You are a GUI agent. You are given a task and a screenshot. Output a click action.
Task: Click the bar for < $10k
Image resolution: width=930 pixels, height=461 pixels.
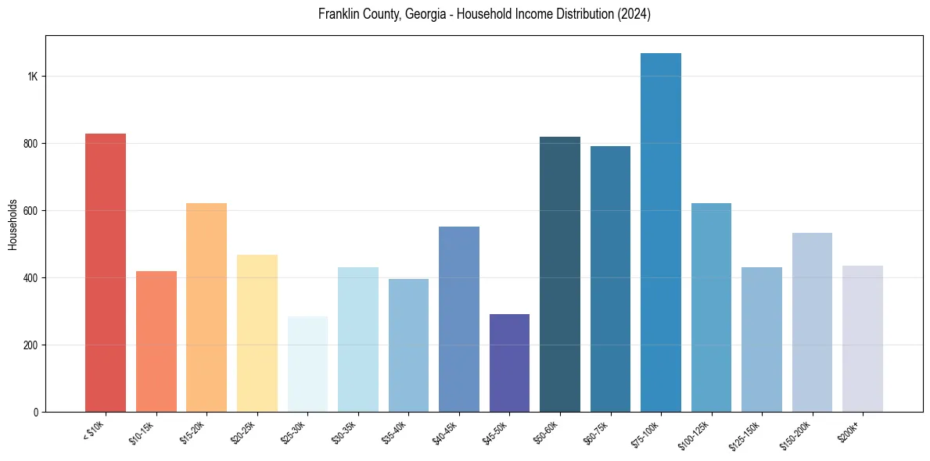pyautogui.click(x=106, y=273)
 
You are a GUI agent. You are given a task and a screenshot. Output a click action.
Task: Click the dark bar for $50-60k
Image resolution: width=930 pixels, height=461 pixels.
pyautogui.click(x=560, y=274)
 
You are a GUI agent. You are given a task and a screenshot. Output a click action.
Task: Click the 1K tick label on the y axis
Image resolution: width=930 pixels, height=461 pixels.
pyautogui.click(x=33, y=77)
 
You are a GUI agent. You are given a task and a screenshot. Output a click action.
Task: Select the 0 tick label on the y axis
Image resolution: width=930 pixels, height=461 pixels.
pyautogui.click(x=36, y=412)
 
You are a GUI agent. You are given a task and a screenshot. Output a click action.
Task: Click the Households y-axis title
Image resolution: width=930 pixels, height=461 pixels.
pyautogui.click(x=13, y=223)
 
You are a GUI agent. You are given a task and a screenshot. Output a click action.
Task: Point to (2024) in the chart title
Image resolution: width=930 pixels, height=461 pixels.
pyautogui.click(x=634, y=14)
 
